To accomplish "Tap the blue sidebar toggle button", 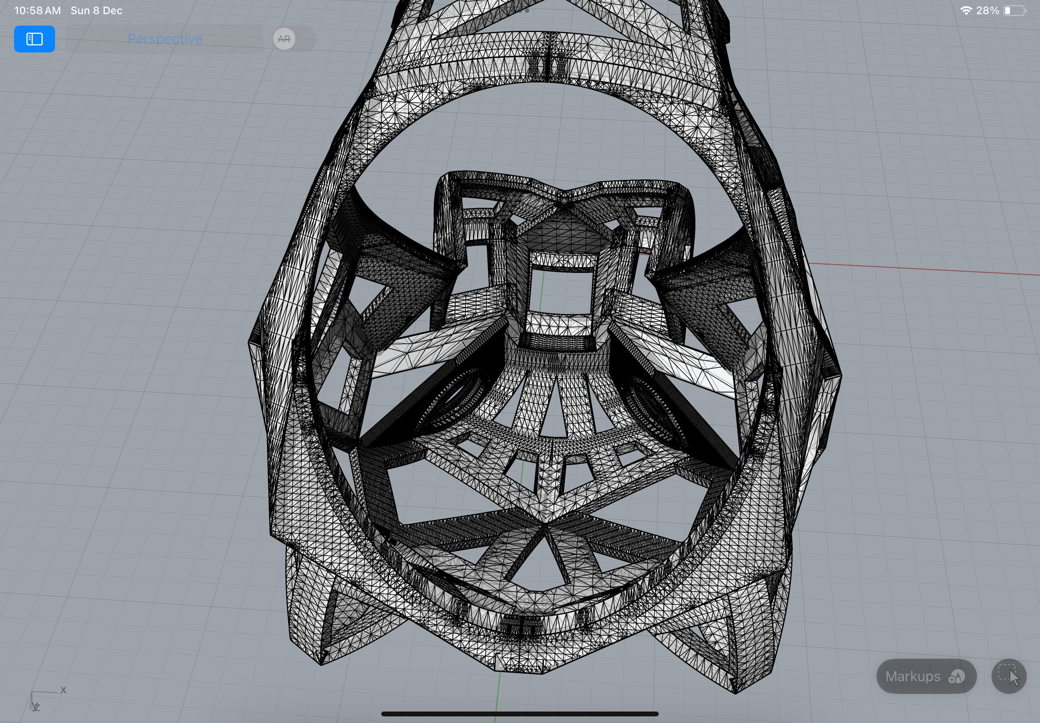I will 34,39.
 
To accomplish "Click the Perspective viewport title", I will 164,39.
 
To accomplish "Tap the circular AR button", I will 284,39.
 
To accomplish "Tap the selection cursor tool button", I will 1009,676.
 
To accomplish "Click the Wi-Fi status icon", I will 966,11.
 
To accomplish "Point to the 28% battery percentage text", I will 988,11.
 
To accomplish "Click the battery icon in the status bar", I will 1014,11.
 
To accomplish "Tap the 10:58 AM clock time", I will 37,11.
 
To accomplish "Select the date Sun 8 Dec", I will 97,11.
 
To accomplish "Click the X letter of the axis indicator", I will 63,690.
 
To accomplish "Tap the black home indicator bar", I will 520,714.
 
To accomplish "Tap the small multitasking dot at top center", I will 527,11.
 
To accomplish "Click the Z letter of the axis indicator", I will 37,707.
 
